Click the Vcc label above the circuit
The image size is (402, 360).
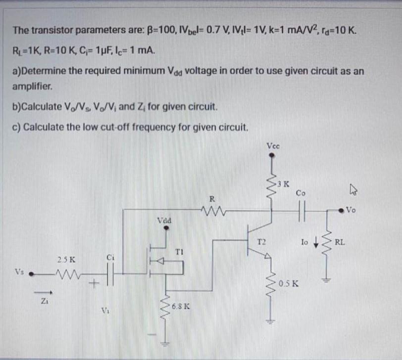[274, 146]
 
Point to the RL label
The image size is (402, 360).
[340, 242]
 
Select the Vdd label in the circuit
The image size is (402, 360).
[164, 220]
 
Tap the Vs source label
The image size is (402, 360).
[19, 272]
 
